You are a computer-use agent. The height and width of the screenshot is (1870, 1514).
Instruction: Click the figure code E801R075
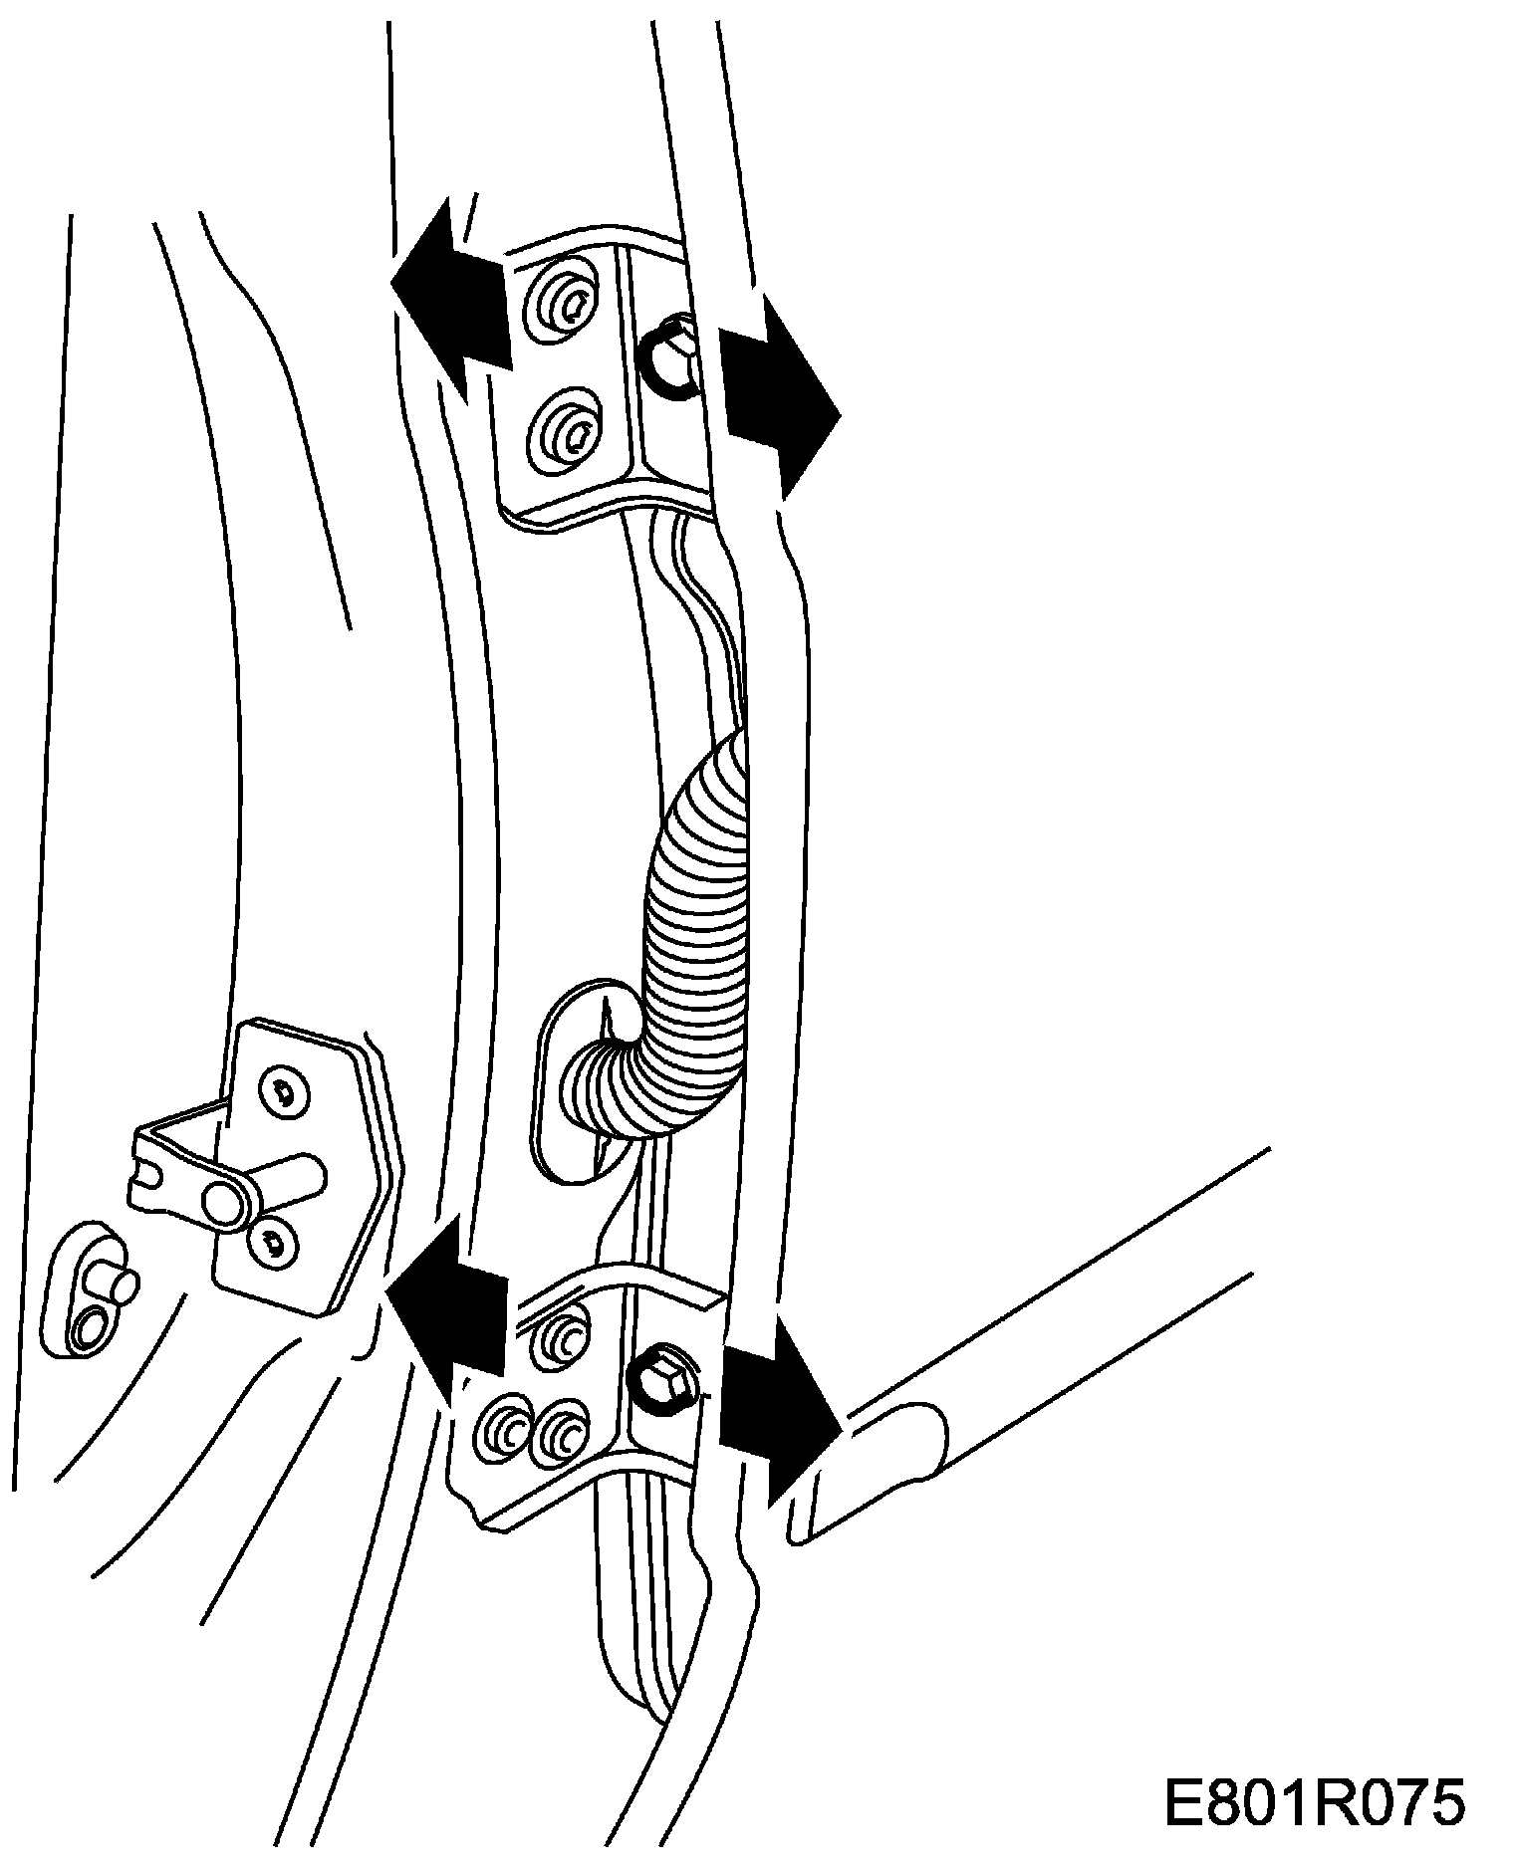pyautogui.click(x=1314, y=1803)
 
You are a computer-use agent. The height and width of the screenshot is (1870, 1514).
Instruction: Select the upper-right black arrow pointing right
pyautogui.click(x=782, y=393)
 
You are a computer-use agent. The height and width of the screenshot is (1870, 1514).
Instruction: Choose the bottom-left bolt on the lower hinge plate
pyautogui.click(x=504, y=1434)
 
